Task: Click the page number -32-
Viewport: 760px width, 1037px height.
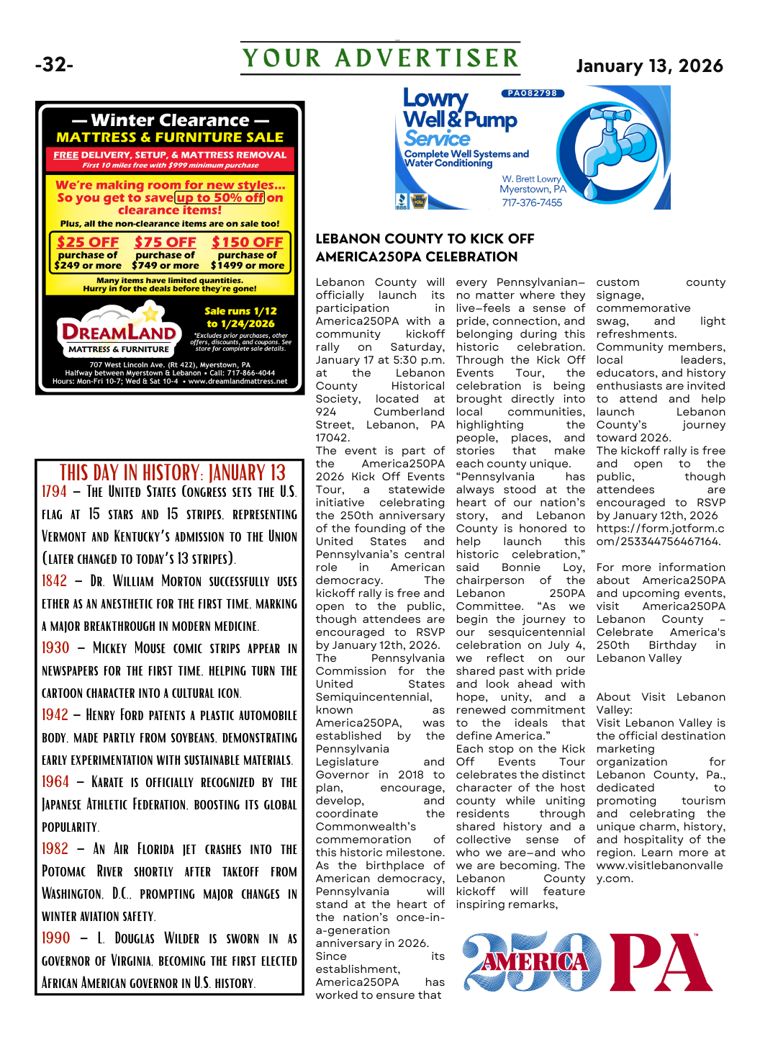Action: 54,65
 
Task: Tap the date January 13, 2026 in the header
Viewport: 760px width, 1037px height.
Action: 649,66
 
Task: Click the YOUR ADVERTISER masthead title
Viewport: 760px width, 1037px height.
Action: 380,58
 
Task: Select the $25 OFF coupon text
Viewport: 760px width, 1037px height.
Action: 88,243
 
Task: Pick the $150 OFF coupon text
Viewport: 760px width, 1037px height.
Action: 247,243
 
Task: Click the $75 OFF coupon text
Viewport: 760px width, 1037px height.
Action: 165,243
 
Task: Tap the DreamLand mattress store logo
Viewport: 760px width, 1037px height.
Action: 119,332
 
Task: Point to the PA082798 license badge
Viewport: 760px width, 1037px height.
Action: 533,94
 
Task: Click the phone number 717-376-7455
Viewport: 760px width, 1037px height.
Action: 532,202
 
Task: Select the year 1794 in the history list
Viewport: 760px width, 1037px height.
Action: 54,492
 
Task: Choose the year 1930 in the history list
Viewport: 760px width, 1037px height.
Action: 55,648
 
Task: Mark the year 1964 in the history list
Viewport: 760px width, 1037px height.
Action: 55,782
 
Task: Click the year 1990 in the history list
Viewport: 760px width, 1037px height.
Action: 55,938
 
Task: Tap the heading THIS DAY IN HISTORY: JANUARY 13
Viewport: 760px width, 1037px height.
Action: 173,473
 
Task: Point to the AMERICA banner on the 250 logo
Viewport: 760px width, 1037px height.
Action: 535,962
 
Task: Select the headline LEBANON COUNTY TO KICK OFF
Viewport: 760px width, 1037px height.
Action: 425,238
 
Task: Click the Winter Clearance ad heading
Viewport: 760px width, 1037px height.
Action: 170,120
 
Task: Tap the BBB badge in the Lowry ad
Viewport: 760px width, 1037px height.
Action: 402,201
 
